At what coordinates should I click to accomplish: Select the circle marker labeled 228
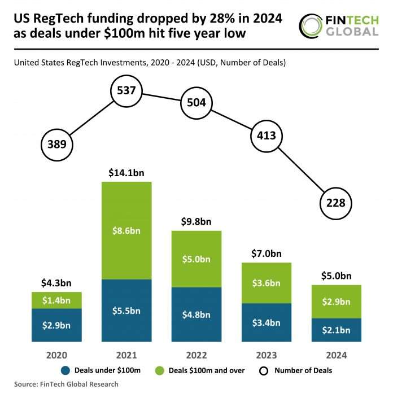coord(335,203)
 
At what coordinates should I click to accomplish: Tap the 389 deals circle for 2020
coord(57,144)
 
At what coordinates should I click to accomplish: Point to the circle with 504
coord(196,103)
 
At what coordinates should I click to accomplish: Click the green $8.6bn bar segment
coord(126,230)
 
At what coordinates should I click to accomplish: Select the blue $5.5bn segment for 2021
coord(126,311)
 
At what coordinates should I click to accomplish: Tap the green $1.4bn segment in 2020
coord(57,300)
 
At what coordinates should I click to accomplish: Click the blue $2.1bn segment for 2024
coord(335,330)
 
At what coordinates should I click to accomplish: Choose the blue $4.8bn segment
coord(196,315)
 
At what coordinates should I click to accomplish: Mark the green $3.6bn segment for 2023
coord(266,283)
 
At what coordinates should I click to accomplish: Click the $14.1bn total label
coord(126,173)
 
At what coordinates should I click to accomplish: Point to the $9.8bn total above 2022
coord(196,221)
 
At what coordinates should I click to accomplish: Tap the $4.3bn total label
coord(57,282)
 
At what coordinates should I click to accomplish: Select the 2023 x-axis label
coord(266,355)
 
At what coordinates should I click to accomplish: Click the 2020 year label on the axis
coord(57,355)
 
